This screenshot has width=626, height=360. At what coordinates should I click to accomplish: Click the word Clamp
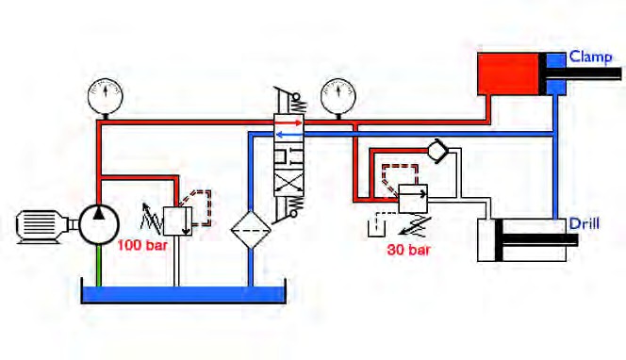[x=590, y=57]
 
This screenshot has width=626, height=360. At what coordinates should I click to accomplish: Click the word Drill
[x=585, y=223]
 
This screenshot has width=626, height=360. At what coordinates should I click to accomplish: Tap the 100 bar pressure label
[x=142, y=245]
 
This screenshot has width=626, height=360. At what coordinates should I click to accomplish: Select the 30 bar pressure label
[x=409, y=250]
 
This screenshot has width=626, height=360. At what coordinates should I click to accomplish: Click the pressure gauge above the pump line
[x=106, y=96]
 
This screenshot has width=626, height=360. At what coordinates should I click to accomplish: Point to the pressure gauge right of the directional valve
[x=338, y=96]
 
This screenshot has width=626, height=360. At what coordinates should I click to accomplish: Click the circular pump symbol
[x=99, y=224]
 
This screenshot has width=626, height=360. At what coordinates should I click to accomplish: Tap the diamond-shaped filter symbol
[x=251, y=230]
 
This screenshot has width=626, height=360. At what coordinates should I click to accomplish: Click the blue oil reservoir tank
[x=184, y=295]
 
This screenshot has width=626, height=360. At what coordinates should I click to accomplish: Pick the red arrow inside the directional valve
[x=289, y=123]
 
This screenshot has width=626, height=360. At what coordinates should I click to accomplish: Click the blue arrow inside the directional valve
[x=289, y=135]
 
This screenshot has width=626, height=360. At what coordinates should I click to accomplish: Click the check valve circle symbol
[x=436, y=151]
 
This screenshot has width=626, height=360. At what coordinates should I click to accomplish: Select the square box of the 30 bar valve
[x=413, y=198]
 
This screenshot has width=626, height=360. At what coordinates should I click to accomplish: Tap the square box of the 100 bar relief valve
[x=177, y=221]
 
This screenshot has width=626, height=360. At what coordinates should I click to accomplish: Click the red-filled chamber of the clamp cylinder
[x=509, y=74]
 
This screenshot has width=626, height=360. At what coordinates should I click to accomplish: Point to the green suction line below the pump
[x=99, y=265]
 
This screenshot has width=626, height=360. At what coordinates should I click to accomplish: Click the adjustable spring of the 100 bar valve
[x=151, y=219]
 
